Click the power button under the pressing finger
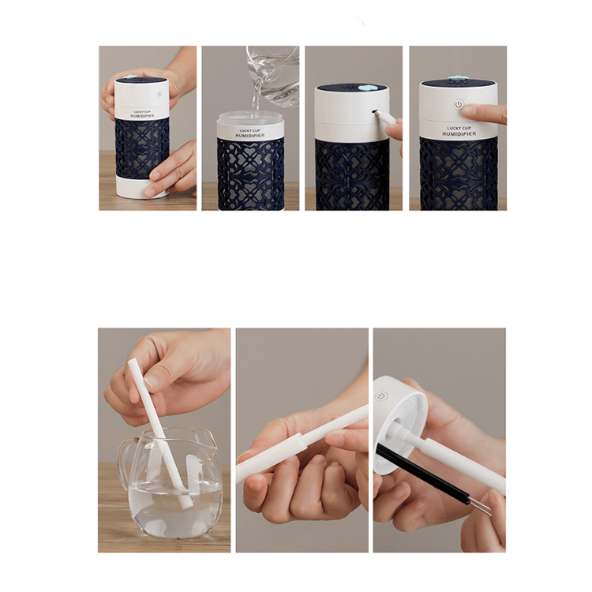(x=459, y=104)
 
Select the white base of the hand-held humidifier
(x=142, y=188)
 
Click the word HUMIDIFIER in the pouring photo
(x=250, y=135)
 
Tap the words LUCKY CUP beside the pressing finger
(x=459, y=129)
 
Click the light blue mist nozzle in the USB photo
(x=365, y=88)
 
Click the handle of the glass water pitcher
(x=125, y=463)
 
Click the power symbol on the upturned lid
(x=381, y=396)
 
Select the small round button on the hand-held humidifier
(x=159, y=94)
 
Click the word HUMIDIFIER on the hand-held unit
(x=142, y=116)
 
